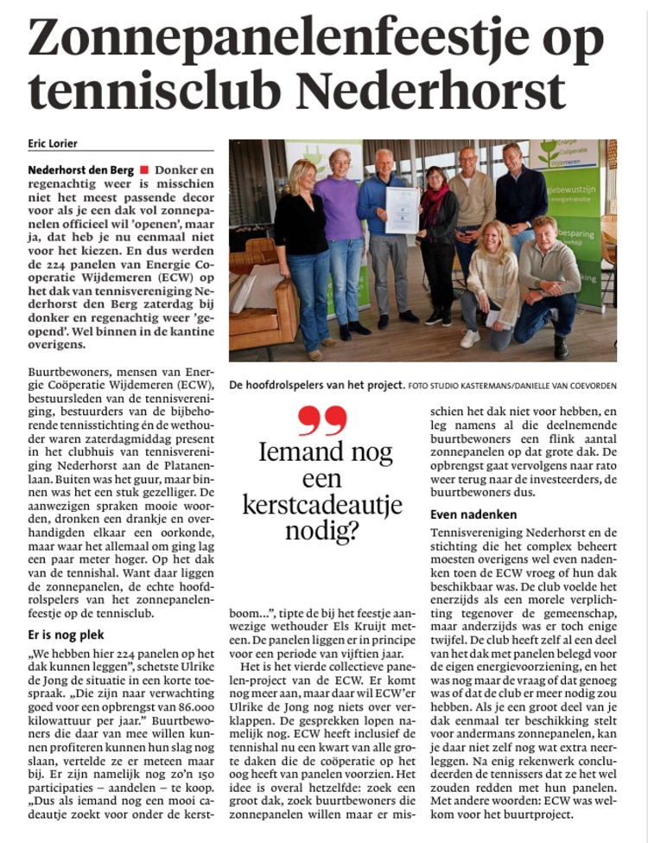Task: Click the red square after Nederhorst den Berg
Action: (x=143, y=170)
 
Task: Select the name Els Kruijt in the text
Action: (x=363, y=629)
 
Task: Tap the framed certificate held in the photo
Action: (x=402, y=210)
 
